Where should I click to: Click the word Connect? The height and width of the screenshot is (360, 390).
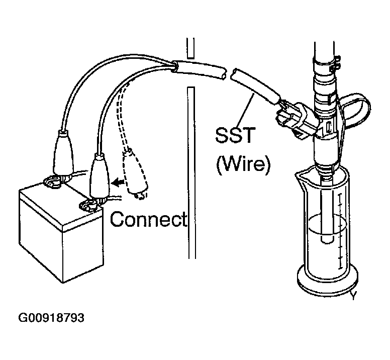[148, 219]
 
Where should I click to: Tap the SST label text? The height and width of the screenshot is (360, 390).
[236, 135]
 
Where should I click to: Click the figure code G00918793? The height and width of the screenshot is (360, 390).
[51, 318]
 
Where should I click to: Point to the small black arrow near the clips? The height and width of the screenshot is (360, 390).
[118, 183]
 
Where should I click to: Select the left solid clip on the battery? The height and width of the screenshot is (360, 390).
[63, 152]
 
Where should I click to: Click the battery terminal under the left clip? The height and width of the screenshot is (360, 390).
[52, 182]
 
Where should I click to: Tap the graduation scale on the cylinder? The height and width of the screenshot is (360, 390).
[340, 231]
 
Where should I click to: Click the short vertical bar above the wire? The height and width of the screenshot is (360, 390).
[190, 48]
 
